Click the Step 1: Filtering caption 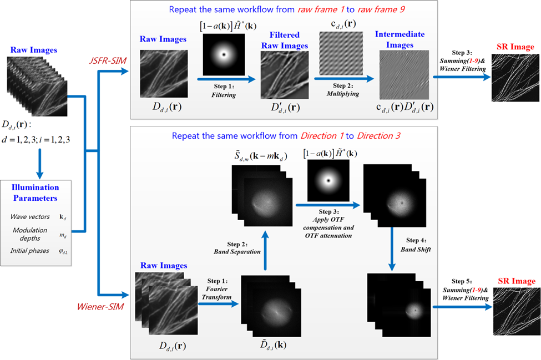coord(224,91)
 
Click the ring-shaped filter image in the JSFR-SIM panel coord(225,54)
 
